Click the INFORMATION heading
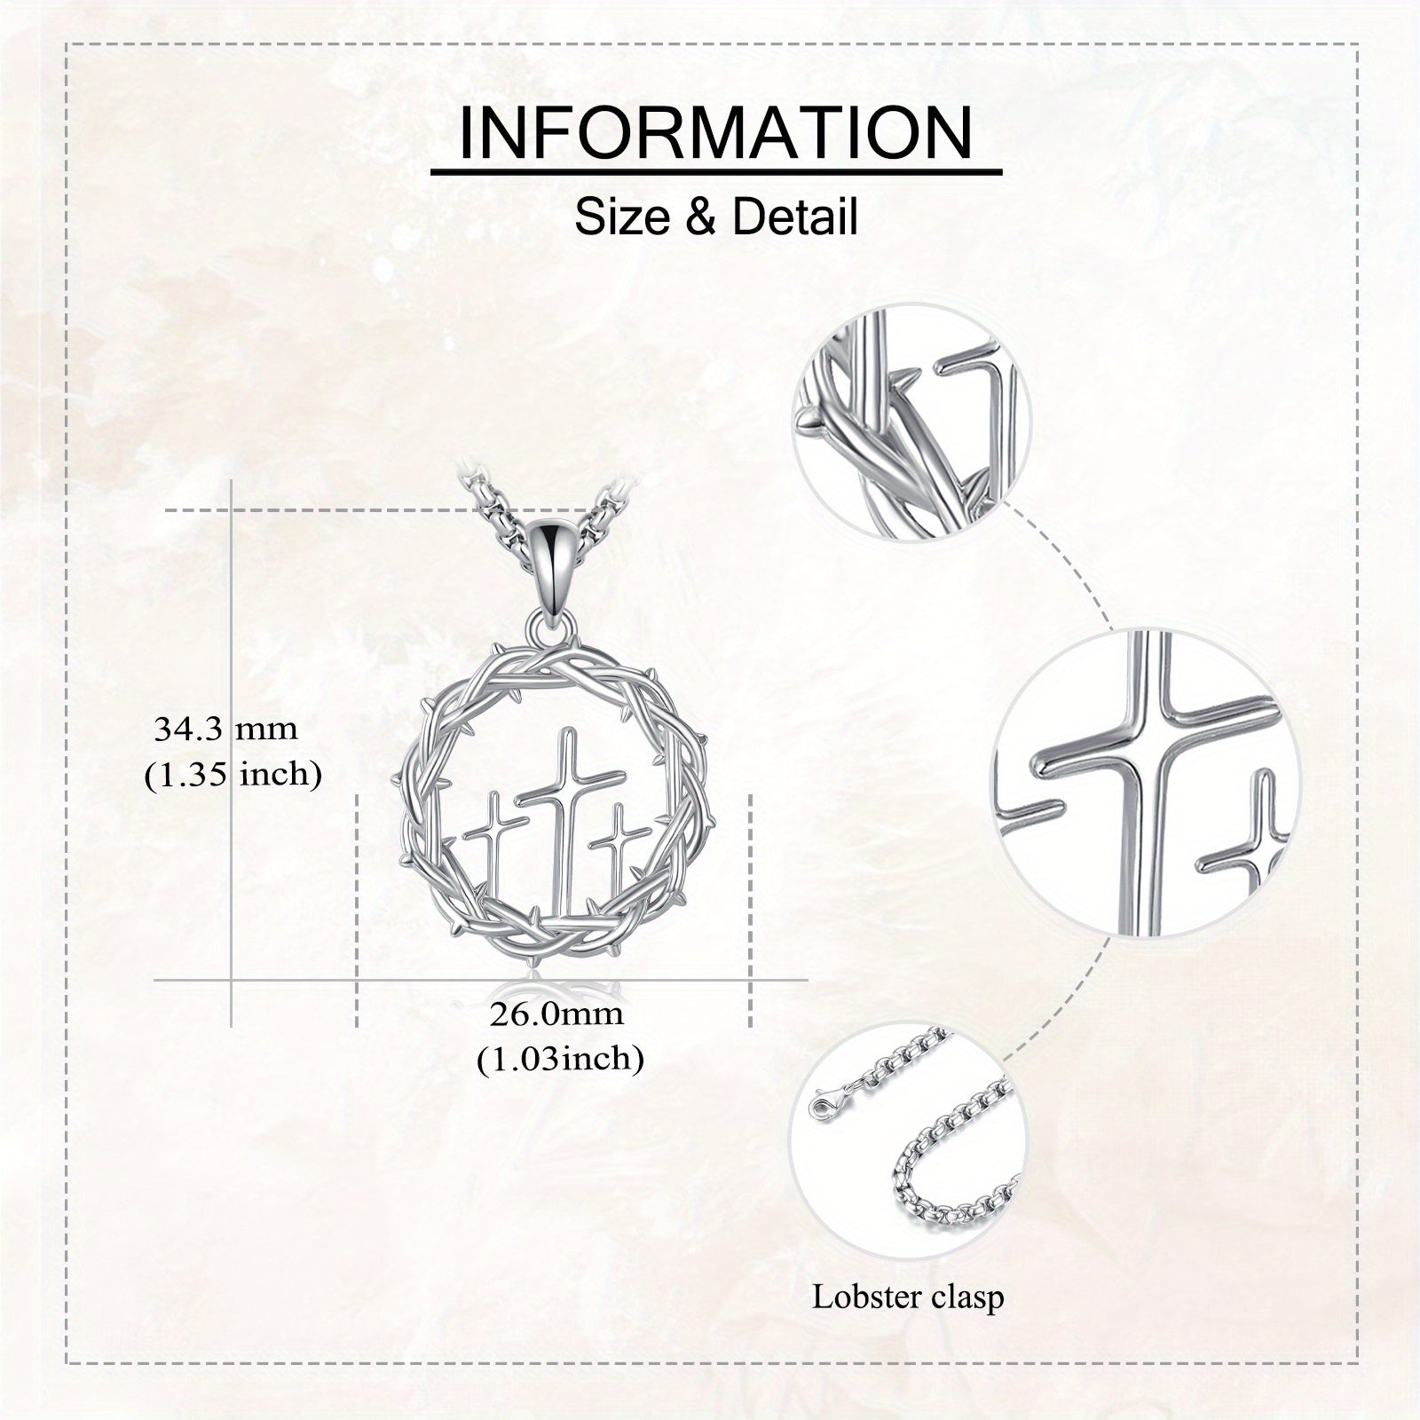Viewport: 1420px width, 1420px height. (x=715, y=132)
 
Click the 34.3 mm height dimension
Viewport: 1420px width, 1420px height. (x=226, y=730)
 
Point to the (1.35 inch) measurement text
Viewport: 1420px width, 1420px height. (x=233, y=774)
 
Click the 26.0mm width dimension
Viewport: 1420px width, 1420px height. (x=556, y=1014)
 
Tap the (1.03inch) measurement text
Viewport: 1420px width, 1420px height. (x=560, y=1058)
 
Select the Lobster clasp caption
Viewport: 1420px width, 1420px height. (x=908, y=1297)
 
